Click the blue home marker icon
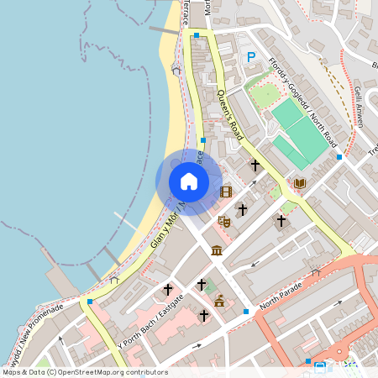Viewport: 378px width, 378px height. pyautogui.click(x=189, y=181)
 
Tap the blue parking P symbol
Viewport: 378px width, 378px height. pyautogui.click(x=249, y=57)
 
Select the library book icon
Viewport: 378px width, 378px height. pyautogui.click(x=300, y=183)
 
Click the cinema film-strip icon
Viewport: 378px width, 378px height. pyautogui.click(x=225, y=192)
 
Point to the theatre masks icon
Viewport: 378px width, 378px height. pyautogui.click(x=224, y=221)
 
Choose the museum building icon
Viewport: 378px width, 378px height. pyautogui.click(x=217, y=250)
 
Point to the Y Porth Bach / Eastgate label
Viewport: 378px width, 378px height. pyautogui.click(x=151, y=320)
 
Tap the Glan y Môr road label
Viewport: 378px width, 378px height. pyautogui.click(x=165, y=231)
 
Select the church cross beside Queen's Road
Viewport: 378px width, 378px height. pyautogui.click(x=255, y=165)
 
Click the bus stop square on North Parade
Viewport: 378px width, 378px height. pyautogui.click(x=246, y=312)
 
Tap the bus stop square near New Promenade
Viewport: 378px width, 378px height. pyautogui.click(x=89, y=301)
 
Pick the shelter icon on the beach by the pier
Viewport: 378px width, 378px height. pyautogui.click(x=114, y=278)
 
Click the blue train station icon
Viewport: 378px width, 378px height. pyautogui.click(x=319, y=367)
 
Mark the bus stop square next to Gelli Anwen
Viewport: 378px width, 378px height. pyautogui.click(x=339, y=157)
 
